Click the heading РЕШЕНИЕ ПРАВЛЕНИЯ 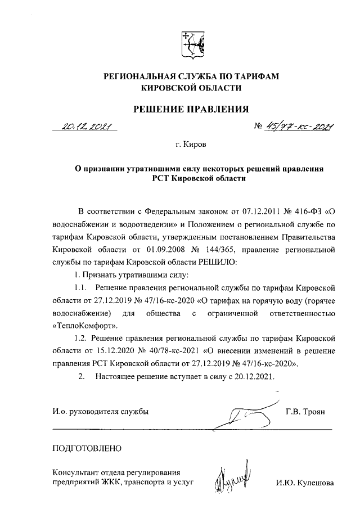click(x=191, y=109)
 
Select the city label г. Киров click(x=191, y=145)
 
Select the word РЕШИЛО click(x=221, y=261)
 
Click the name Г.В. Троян click(x=305, y=412)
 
